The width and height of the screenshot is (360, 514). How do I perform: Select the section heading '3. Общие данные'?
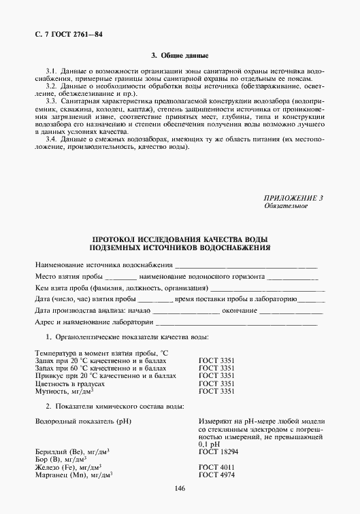click(x=180, y=55)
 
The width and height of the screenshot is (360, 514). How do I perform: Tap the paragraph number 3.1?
click(x=50, y=71)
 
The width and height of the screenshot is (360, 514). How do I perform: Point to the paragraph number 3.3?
click(x=50, y=99)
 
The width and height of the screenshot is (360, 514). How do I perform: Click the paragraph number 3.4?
click(x=50, y=139)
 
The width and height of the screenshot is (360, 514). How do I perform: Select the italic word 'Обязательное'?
click(x=285, y=205)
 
